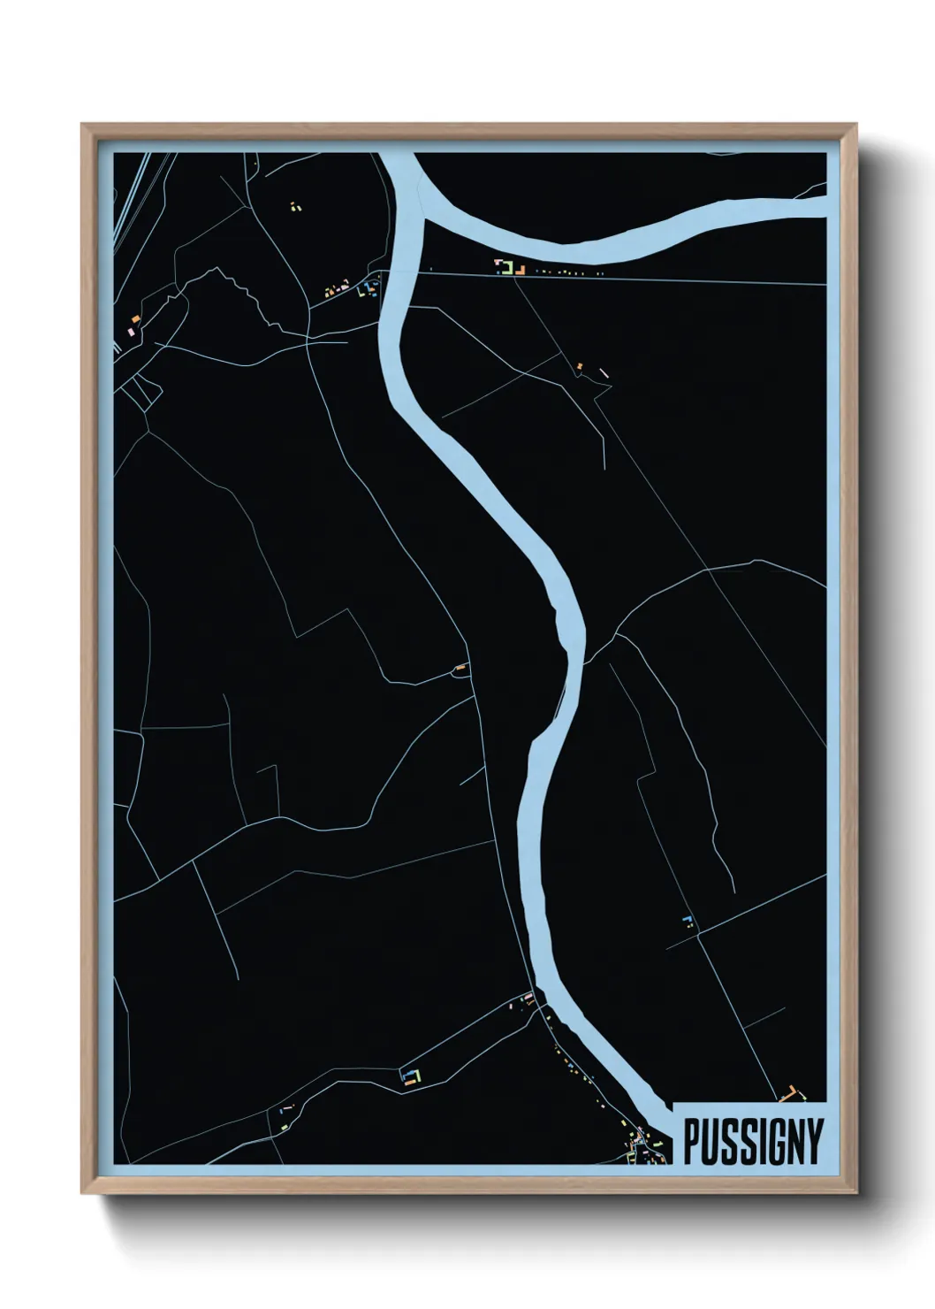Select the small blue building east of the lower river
coord(687,920)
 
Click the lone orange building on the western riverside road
coord(460,667)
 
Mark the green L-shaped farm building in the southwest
coord(410,1076)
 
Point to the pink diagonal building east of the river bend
coord(604,372)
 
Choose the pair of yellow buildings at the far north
coord(294,207)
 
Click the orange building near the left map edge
coord(135,319)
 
